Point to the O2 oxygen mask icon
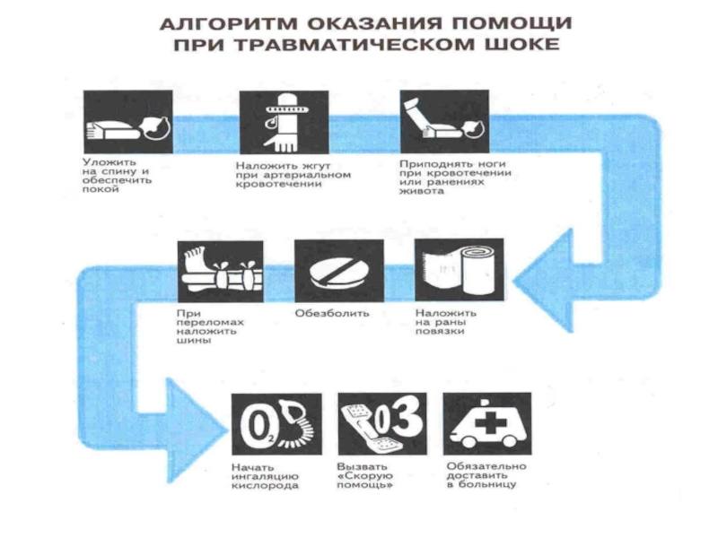pos(276,423)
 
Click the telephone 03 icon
pos(381,423)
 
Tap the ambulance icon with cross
pos(487,423)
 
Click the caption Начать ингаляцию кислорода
pos(264,476)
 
